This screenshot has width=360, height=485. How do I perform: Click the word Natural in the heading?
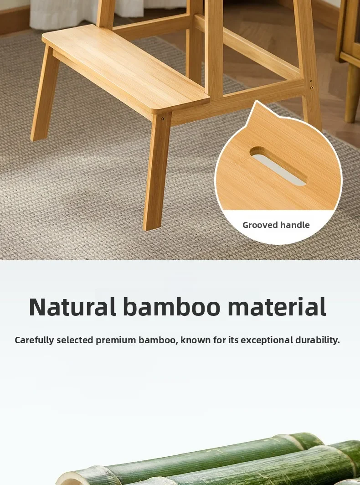[x=72, y=307]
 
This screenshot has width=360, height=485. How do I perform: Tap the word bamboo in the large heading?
[x=172, y=307]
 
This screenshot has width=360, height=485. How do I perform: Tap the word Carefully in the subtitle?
[x=34, y=340]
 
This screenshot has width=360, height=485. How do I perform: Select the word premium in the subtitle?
[x=116, y=340]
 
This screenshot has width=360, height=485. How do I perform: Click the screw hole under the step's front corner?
[x=163, y=119]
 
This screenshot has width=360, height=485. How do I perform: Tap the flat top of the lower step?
[x=125, y=67]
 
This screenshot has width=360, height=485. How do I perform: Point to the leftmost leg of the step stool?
[x=45, y=93]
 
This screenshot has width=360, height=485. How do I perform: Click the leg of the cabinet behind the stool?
[x=352, y=93]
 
